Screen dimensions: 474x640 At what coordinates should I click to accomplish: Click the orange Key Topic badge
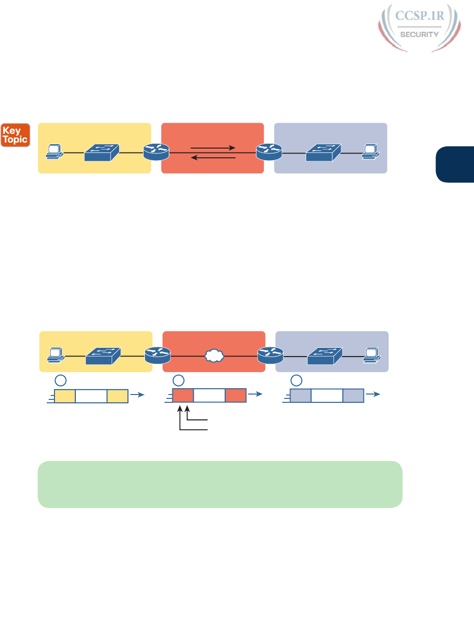point(15,135)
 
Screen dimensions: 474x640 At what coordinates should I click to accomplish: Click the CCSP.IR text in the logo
point(419,16)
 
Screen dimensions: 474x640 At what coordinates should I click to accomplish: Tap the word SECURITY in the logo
point(419,35)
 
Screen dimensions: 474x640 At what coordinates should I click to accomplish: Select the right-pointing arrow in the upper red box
point(213,148)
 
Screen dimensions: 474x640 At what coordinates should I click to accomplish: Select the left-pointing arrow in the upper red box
point(213,157)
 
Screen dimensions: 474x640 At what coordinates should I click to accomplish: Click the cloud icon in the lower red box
point(214,356)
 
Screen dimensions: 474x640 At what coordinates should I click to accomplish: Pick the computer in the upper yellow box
point(55,151)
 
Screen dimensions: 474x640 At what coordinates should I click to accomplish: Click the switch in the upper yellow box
point(101,152)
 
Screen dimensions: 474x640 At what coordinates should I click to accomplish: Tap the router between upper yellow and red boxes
point(156,152)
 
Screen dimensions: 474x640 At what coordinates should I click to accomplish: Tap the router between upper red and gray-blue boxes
point(269,152)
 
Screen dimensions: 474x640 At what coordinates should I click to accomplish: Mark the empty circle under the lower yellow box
point(61,380)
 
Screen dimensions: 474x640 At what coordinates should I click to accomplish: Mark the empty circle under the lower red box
point(179,380)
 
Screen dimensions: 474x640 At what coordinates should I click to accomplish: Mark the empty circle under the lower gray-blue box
point(296,380)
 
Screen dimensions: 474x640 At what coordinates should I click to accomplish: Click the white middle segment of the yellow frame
point(91,396)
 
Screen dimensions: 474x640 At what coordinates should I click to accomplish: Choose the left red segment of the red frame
point(183,395)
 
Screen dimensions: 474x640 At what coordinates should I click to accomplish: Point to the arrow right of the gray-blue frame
point(373,394)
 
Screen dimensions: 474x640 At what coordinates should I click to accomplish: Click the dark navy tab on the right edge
point(456,164)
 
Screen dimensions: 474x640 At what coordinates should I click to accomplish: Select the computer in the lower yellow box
point(56,355)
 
